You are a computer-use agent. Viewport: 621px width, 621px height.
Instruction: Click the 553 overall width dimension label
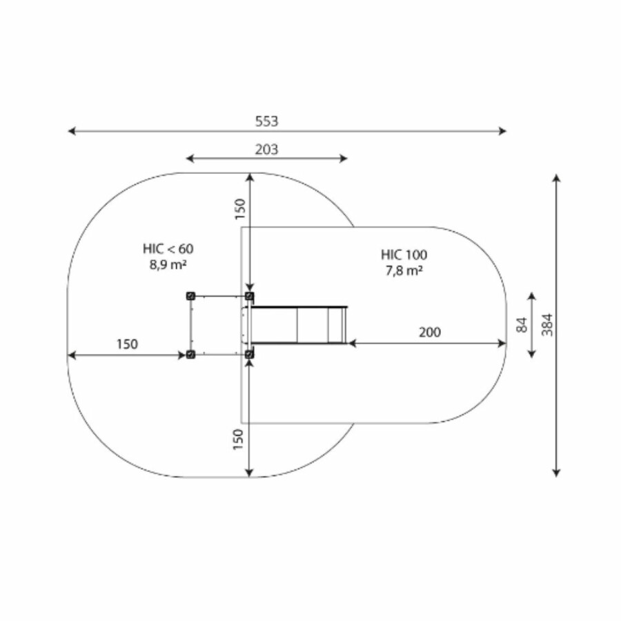coord(266,121)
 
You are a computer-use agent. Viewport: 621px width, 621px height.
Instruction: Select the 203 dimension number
coord(266,150)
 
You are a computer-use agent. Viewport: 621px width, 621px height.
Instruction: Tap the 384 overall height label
coord(547,325)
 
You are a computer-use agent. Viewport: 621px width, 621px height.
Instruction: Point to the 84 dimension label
coord(522,325)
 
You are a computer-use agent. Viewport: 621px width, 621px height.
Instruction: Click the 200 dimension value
coord(430,332)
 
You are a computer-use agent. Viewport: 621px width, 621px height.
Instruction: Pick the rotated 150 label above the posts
coord(240,208)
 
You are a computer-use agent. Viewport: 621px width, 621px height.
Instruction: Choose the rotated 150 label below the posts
coord(237,440)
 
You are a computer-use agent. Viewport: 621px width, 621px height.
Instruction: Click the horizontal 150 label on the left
coord(127,344)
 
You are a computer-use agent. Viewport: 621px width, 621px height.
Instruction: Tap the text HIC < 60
coord(168,248)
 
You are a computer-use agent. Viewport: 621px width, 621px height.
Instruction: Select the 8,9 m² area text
coord(168,264)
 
